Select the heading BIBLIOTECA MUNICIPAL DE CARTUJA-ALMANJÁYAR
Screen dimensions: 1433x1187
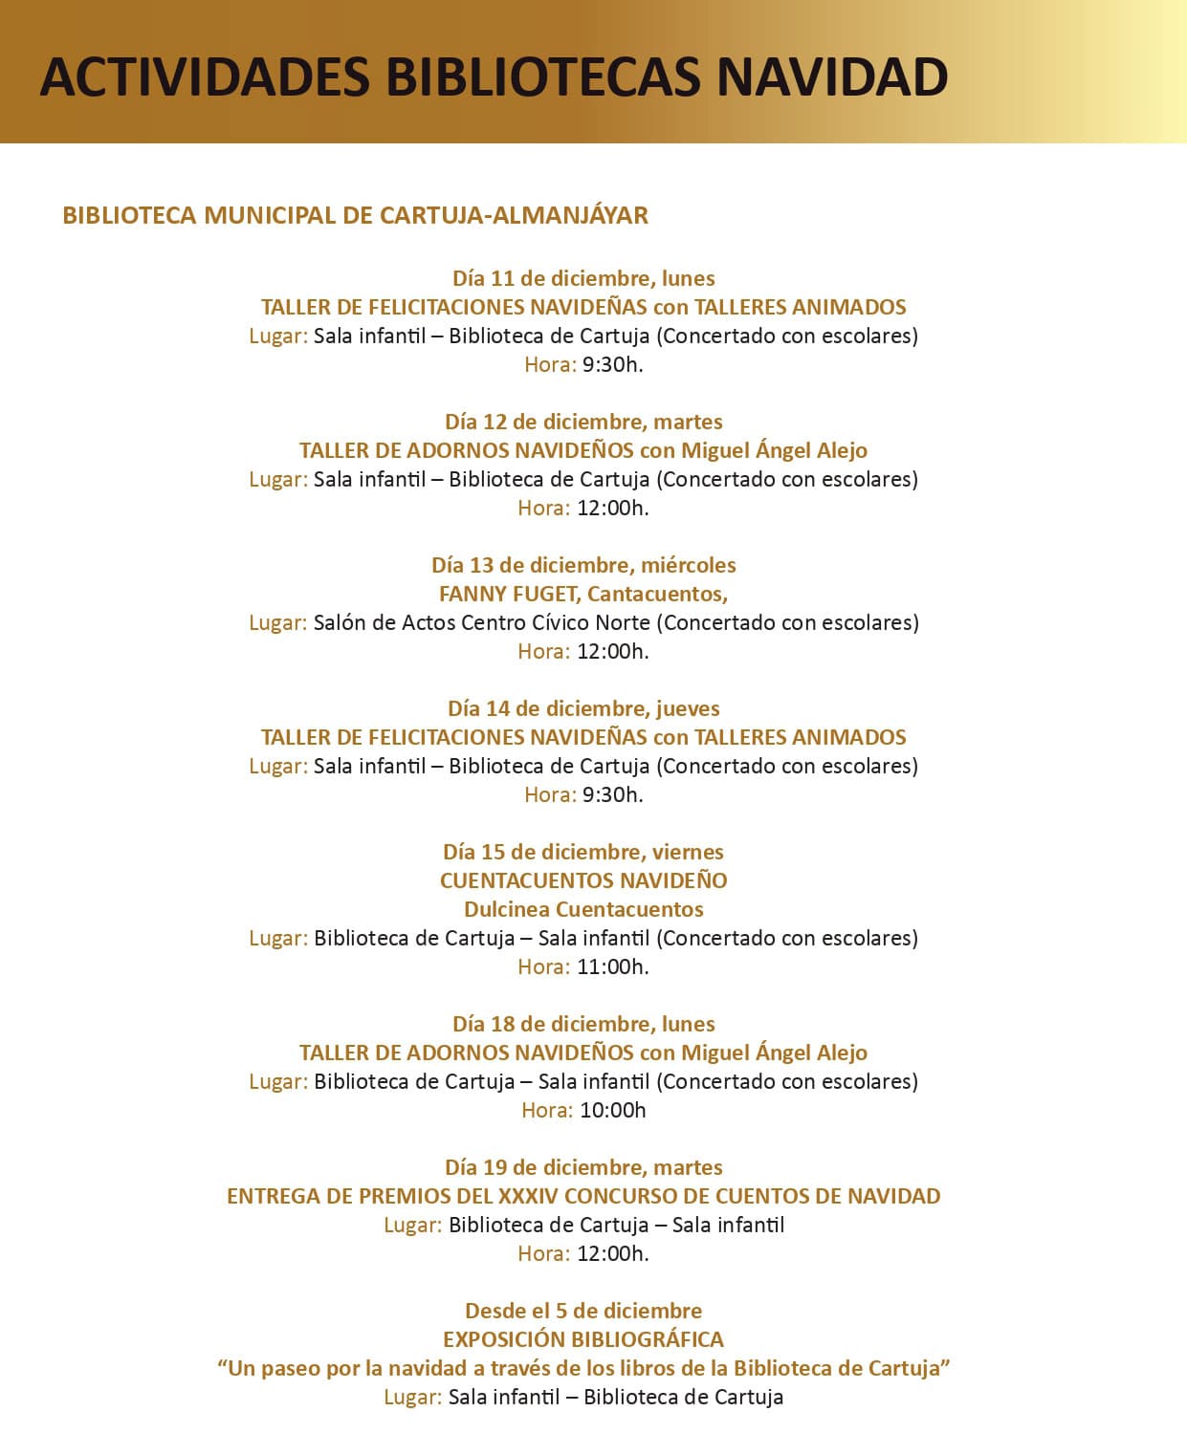click(355, 215)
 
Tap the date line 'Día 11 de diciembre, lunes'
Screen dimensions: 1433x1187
click(583, 278)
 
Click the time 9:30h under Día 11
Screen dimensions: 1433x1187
click(612, 364)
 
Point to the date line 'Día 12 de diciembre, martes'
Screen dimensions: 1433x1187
click(583, 422)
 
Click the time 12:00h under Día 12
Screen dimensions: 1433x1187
click(612, 508)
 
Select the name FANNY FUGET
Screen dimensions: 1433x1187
click(509, 594)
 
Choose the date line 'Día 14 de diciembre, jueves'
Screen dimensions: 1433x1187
click(583, 708)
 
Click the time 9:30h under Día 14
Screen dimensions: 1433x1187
click(612, 794)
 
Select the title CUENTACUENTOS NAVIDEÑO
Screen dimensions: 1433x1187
click(583, 880)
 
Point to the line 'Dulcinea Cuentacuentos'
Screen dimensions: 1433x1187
click(583, 909)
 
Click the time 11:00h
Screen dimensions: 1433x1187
click(612, 966)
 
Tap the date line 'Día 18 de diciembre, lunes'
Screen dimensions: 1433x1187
click(583, 1024)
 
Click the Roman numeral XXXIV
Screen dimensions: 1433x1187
click(528, 1196)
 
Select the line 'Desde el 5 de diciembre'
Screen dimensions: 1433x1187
click(583, 1311)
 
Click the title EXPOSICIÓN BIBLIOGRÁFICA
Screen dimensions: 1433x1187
click(583, 1339)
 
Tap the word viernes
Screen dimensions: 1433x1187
click(688, 852)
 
